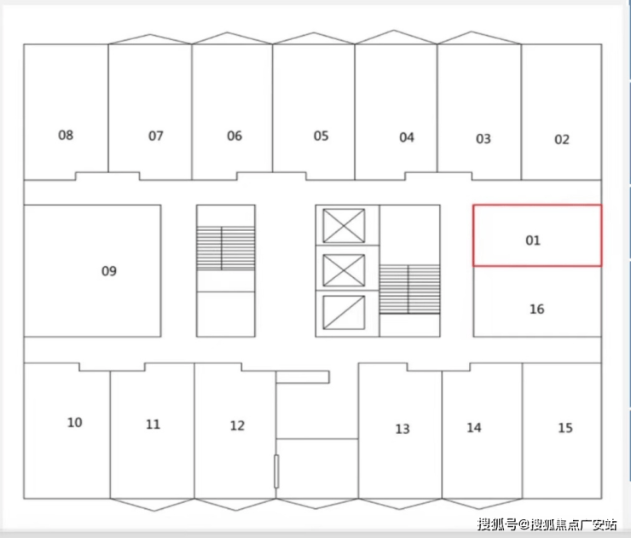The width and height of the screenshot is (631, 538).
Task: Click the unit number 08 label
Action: [66, 135]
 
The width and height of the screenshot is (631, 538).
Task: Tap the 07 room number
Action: [156, 136]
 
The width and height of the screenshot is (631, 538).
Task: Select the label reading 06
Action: [234, 136]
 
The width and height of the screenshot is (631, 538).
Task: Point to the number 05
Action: [321, 136]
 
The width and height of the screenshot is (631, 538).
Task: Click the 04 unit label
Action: [407, 137]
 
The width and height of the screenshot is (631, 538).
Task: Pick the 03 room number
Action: [483, 139]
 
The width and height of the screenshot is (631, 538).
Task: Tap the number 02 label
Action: [562, 140]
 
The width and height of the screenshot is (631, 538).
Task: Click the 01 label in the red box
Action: [533, 240]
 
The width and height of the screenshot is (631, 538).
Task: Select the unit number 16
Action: [537, 309]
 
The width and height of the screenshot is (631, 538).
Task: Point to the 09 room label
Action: [108, 271]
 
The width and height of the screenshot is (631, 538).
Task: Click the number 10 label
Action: [74, 423]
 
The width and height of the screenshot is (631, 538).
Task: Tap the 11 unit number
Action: [153, 424]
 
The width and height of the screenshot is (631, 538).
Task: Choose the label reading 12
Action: [237, 425]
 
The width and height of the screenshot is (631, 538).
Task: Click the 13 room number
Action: [402, 429]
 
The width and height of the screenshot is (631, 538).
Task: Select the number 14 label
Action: [474, 427]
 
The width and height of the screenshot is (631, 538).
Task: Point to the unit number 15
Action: [565, 428]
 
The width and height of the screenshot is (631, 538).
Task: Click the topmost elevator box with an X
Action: [344, 226]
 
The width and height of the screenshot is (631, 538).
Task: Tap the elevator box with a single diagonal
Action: [344, 312]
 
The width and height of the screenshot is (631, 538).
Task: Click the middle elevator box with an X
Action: [344, 270]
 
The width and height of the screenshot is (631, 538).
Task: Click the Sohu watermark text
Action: [547, 524]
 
